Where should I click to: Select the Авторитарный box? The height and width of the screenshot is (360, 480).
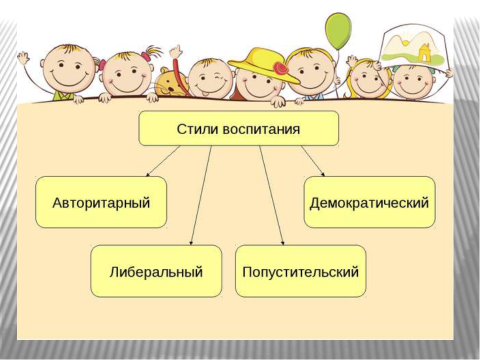[x=101, y=202]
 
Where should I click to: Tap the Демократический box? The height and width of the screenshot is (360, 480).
[x=369, y=202]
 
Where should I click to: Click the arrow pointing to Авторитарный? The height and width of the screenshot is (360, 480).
[x=163, y=161]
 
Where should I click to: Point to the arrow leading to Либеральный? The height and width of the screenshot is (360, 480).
[x=201, y=195]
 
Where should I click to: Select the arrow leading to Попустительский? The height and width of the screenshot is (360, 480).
[x=271, y=195]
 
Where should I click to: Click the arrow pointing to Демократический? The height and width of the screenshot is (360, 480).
[x=313, y=161]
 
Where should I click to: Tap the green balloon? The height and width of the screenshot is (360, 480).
[x=338, y=30]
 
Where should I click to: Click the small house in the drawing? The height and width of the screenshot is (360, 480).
[x=424, y=51]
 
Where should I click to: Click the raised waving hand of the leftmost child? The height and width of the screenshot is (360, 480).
[x=23, y=58]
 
